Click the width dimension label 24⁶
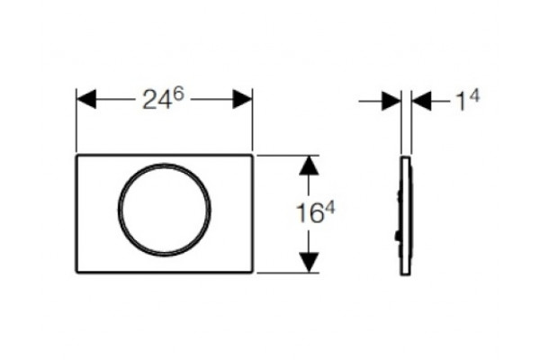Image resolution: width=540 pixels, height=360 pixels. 164,99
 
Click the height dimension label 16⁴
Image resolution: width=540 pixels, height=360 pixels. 316,213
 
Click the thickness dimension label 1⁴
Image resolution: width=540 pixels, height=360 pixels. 467,101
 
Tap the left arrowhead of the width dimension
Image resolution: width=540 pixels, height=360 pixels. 86,99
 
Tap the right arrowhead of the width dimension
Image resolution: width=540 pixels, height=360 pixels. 242,99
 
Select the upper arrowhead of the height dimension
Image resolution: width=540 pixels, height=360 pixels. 309,166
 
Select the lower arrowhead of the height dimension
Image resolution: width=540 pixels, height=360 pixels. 309,262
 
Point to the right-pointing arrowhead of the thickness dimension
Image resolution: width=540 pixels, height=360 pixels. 391,101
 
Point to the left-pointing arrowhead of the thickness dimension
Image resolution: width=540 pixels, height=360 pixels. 421,101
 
